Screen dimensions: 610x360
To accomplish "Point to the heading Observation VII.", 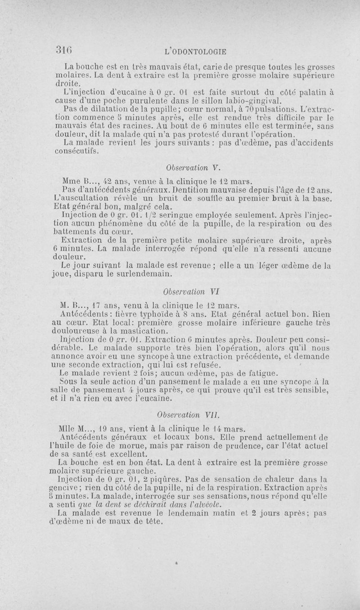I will pyautogui.click(x=186, y=413).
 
